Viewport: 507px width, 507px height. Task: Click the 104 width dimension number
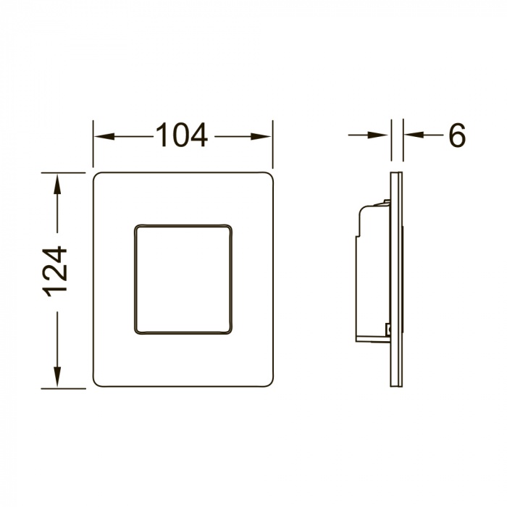tap(182, 135)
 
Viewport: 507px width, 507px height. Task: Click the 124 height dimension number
tap(55, 272)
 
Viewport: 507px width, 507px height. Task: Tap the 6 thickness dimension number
tap(457, 135)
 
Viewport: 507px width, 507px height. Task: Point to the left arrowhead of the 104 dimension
tap(104, 136)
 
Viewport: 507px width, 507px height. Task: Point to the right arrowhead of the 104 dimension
tap(261, 136)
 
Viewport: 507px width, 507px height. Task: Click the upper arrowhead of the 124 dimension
tap(57, 184)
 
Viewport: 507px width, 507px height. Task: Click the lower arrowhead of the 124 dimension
tap(57, 377)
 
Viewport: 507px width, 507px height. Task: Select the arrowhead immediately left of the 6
tap(414, 135)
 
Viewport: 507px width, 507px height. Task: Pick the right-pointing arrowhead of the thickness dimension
tap(378, 135)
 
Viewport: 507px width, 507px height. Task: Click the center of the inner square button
tap(183, 279)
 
